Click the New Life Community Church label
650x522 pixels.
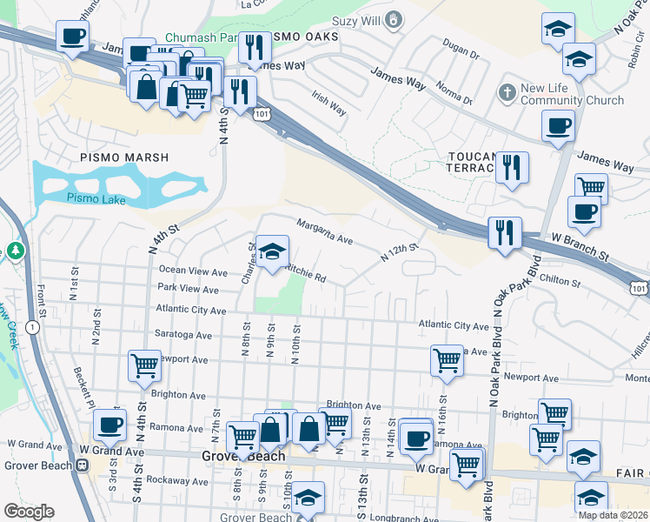[573, 94]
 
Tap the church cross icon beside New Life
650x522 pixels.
[507, 91]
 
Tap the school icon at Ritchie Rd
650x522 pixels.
[272, 252]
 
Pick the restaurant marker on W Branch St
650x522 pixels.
[505, 233]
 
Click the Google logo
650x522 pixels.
[29, 512]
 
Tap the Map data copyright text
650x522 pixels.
[614, 515]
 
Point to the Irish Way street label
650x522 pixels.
[329, 105]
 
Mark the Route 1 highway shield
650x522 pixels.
[31, 327]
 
